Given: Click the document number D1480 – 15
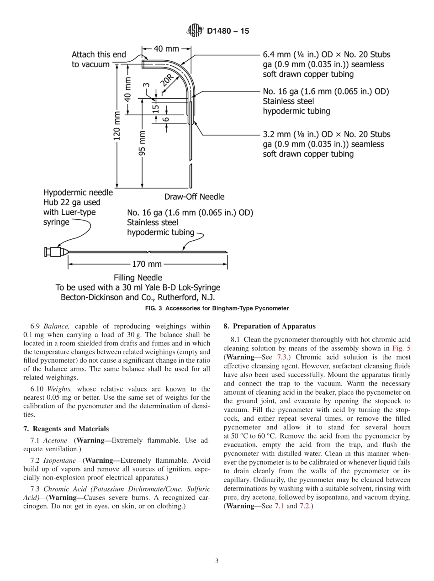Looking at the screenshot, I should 228,32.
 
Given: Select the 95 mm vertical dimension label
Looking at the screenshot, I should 142,144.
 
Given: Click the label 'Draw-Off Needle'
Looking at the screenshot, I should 194,197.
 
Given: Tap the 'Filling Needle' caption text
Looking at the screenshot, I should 138,278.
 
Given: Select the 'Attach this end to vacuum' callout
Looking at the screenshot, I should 99,59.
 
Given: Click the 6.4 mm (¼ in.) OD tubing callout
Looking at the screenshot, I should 326,64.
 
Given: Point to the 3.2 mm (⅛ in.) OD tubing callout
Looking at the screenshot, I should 326,144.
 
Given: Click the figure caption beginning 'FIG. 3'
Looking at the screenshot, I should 217,308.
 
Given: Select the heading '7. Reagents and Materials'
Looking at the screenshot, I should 66,428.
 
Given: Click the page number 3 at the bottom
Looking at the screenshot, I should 217,561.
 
